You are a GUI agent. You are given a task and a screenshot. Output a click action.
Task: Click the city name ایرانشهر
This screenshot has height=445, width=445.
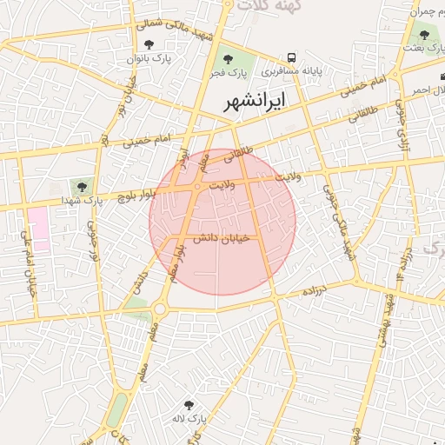point(254,102)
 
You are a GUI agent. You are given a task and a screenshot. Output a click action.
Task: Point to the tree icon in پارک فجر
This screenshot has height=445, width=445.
point(228,59)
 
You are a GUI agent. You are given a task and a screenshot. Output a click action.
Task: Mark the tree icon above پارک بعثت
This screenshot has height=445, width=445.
point(424,35)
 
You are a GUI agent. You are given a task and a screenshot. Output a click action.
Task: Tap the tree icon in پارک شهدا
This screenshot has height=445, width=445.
point(82,186)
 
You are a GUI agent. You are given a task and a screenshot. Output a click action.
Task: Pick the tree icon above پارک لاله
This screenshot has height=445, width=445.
point(189,404)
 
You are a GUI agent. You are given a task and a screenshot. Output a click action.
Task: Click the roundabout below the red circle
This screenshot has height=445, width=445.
point(160,309)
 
